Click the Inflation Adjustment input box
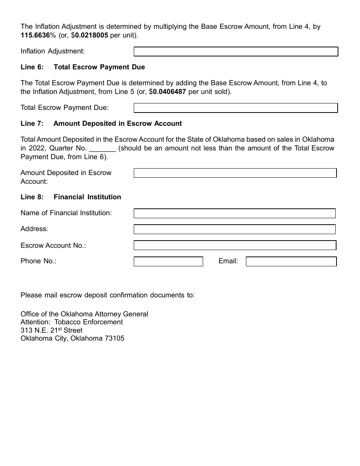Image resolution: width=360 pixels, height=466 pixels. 236,52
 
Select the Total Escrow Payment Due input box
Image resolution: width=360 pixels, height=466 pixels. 236,108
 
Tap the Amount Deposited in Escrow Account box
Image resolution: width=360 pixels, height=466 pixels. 235,173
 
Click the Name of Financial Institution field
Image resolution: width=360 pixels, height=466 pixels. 235,213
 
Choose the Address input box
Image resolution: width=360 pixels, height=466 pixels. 235,229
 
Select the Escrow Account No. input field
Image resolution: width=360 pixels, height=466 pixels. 235,246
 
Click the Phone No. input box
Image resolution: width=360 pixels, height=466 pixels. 168,261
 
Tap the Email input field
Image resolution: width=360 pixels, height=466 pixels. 291,261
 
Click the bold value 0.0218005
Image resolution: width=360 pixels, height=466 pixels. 91,35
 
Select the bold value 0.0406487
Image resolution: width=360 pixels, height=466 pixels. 169,92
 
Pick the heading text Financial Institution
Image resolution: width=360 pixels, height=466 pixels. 87,197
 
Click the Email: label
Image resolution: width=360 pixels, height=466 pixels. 228,261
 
